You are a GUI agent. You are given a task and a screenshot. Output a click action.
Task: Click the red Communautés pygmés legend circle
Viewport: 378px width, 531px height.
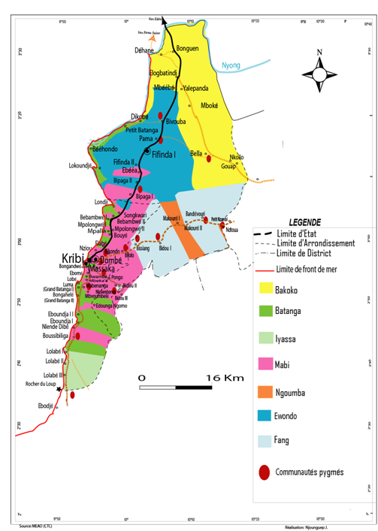(x=264, y=472)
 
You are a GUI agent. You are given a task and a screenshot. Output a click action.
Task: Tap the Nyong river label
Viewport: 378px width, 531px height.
(x=232, y=66)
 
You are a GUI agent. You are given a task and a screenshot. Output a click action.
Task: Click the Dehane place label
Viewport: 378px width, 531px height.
(x=144, y=50)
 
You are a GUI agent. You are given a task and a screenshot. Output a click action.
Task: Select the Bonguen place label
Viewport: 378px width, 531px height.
(x=187, y=49)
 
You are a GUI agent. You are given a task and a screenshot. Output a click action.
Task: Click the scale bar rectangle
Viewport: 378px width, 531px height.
(x=173, y=388)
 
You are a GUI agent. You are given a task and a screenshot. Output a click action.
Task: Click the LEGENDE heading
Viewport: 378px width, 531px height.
(x=305, y=222)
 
